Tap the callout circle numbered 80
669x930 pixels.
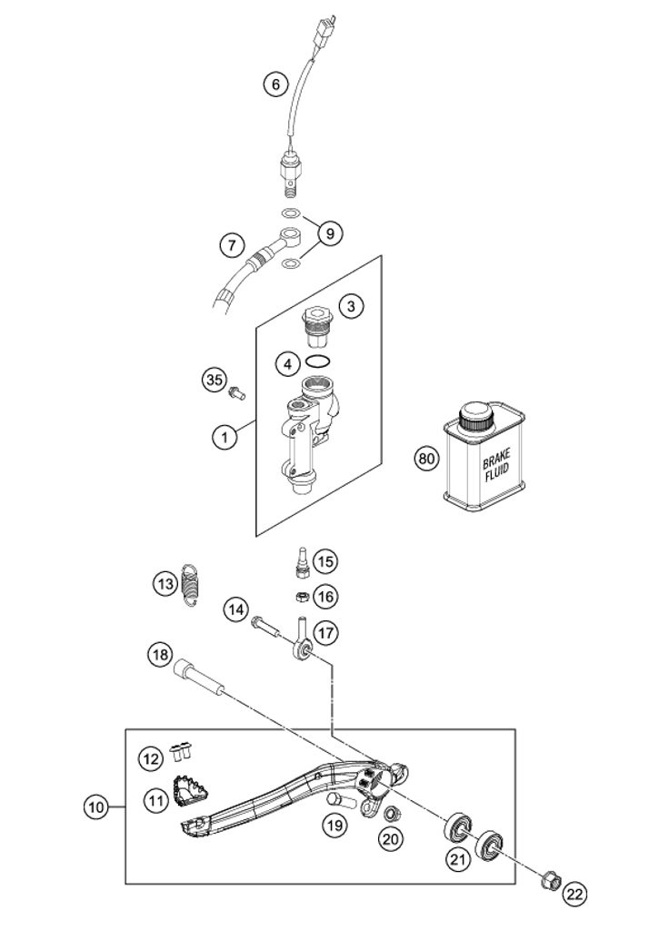[x=425, y=458]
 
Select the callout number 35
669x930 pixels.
[x=214, y=379]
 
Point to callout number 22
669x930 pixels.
[x=574, y=894]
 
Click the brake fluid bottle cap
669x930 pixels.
[x=476, y=420]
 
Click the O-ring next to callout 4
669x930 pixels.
[x=318, y=362]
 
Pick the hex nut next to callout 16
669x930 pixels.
[x=300, y=596]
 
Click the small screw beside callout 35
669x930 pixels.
[x=238, y=393]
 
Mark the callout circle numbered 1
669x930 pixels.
[x=225, y=437]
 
